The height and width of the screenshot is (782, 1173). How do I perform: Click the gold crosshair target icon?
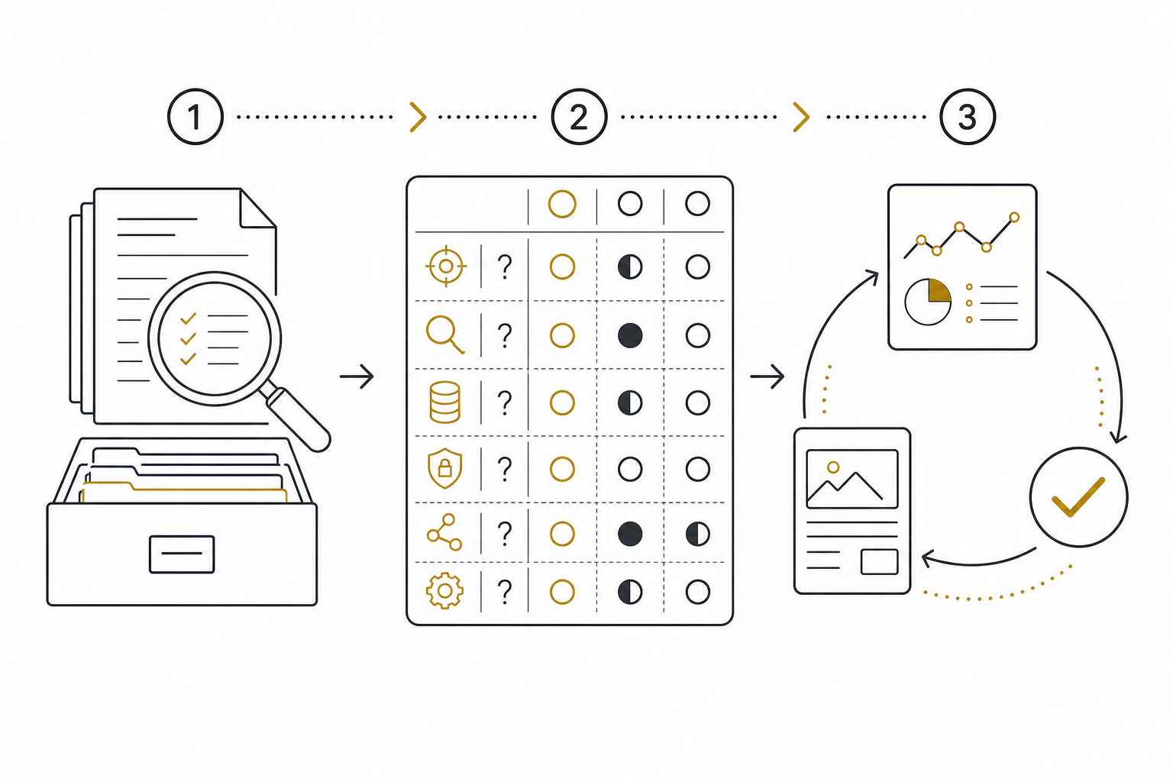[x=446, y=266]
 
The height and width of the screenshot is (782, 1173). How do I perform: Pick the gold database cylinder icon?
[x=444, y=402]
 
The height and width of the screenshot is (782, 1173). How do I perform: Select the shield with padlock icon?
[x=444, y=468]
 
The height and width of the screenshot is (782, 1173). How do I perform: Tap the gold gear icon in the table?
[x=444, y=591]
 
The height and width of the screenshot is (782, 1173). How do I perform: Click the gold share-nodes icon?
[x=444, y=532]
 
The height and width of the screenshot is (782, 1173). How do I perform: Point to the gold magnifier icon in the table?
[x=445, y=334]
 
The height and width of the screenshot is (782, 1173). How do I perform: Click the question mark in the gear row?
[x=504, y=592]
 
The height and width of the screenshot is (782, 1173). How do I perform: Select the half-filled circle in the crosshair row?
[x=630, y=267]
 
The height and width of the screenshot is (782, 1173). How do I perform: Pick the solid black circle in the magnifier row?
[x=630, y=336]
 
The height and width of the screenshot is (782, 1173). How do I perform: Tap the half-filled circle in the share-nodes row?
[x=697, y=535]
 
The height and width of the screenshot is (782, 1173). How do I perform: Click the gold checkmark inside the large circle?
[x=1078, y=497]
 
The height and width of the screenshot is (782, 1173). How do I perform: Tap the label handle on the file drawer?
[x=182, y=554]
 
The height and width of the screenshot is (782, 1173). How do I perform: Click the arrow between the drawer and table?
[x=357, y=376]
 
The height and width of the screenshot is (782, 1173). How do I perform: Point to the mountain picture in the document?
[x=852, y=479]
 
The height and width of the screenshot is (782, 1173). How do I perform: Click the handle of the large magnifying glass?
[x=299, y=419]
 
